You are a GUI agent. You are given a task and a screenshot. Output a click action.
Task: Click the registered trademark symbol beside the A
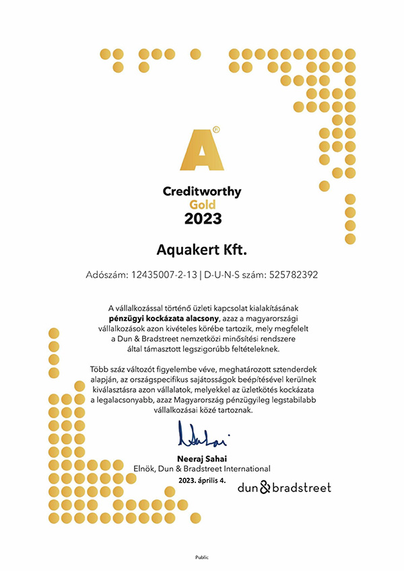tap(215, 127)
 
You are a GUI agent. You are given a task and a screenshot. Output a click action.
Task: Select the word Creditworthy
tap(202, 192)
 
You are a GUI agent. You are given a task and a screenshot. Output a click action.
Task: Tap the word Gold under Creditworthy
tap(202, 205)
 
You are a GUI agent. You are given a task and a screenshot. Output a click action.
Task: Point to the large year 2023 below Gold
tap(202, 218)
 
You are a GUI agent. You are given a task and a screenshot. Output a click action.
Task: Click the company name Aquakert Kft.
tap(202, 251)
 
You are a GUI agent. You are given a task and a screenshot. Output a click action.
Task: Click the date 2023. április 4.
tap(202, 480)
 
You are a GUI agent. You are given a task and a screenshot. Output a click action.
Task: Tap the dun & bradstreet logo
tap(284, 487)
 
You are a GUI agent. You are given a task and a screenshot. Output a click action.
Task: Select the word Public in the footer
tap(202, 557)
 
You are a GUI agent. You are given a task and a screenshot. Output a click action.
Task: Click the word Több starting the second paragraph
tap(98, 369)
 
